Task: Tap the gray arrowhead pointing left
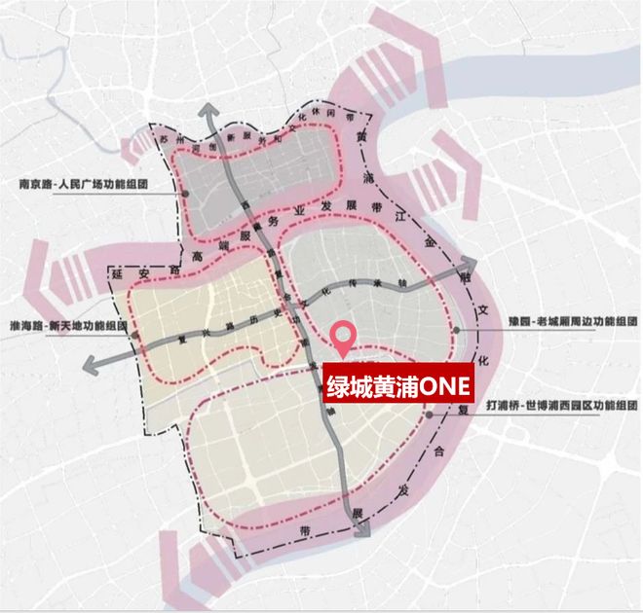(91, 365)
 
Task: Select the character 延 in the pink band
(113, 275)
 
